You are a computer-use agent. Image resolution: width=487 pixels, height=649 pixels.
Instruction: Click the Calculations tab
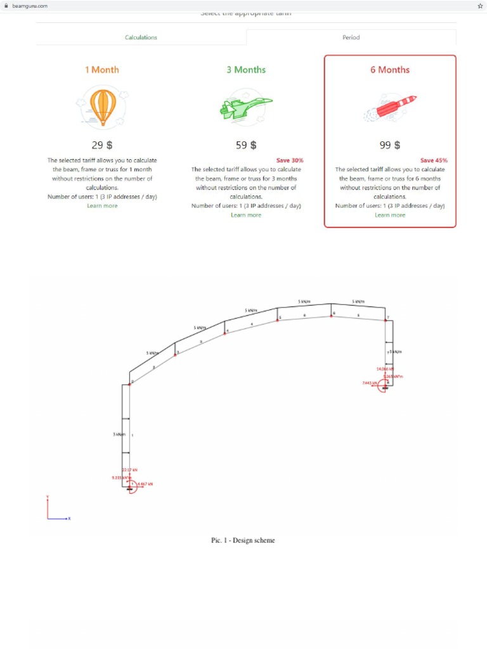[141, 37]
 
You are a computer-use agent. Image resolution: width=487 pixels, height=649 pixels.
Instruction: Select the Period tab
[351, 37]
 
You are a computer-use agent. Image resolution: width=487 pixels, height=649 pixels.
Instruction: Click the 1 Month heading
[102, 70]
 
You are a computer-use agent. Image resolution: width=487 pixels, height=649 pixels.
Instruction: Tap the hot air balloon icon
[103, 106]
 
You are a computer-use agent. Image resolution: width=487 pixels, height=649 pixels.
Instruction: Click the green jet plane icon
[245, 106]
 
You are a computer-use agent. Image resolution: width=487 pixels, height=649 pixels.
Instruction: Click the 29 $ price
[102, 145]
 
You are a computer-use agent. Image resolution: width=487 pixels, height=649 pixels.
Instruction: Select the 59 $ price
[246, 145]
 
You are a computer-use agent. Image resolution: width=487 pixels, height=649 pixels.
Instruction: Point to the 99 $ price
[390, 145]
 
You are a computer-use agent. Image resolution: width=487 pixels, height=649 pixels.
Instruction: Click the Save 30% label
[290, 160]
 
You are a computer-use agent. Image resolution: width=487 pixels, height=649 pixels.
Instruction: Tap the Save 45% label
[434, 160]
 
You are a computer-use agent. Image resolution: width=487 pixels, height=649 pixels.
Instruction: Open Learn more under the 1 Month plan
[102, 206]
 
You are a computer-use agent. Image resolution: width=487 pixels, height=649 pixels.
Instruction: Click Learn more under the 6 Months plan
[390, 215]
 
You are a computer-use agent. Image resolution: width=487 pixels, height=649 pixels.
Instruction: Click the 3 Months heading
[246, 70]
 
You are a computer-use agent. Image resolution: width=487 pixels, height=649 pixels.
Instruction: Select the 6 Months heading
[390, 70]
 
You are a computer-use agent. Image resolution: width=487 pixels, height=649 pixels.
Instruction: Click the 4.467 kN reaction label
[145, 484]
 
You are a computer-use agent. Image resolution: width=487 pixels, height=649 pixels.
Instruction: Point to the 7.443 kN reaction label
[370, 383]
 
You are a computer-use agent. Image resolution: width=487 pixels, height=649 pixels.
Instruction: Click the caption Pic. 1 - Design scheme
[243, 541]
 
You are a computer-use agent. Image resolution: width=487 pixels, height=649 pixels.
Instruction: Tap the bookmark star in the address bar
[480, 6]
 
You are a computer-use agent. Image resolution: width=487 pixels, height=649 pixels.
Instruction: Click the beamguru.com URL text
[30, 6]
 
